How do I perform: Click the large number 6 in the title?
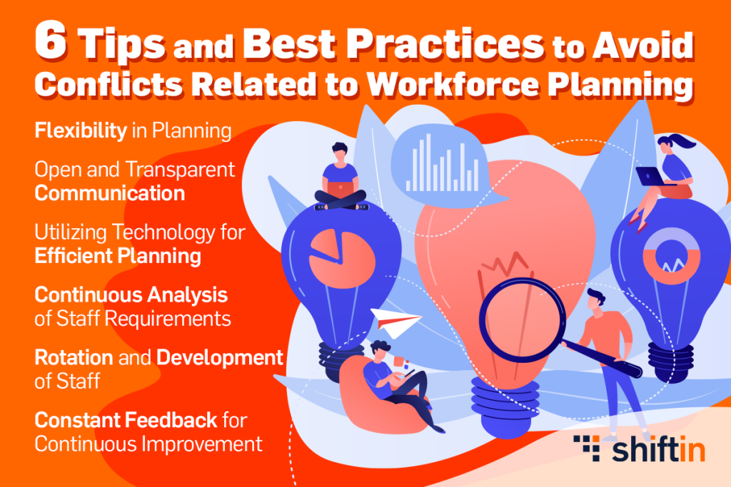pyautogui.click(x=51, y=41)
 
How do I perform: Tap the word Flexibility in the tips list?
pyautogui.click(x=81, y=130)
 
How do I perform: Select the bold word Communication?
pyautogui.click(x=110, y=193)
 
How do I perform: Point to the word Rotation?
pyautogui.click(x=74, y=357)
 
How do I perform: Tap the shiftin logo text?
pyautogui.click(x=658, y=449)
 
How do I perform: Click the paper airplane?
pyautogui.click(x=395, y=322)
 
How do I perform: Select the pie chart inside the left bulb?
pyautogui.click(x=342, y=258)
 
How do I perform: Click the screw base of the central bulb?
pyautogui.click(x=505, y=406)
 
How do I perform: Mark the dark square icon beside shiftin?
pyautogui.click(x=588, y=448)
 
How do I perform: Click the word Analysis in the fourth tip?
pyautogui.click(x=188, y=294)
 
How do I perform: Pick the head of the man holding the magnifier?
pyautogui.click(x=595, y=301)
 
